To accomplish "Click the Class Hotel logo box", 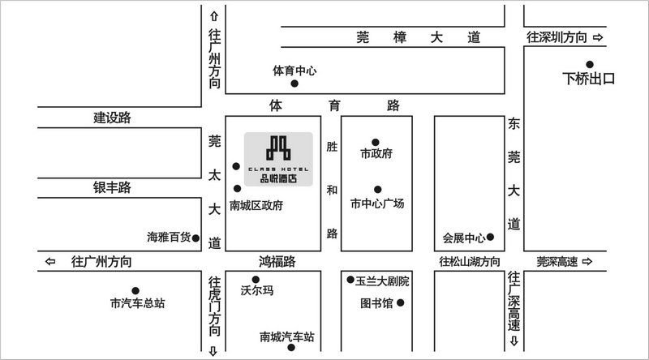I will coord(278,159).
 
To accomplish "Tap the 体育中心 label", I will coord(294,71).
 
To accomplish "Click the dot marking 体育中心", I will coord(294,84).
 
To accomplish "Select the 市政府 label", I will coord(376,153).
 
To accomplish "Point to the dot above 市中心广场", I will coord(376,190).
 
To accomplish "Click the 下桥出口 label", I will coord(590,79).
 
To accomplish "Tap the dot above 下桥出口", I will coord(590,64).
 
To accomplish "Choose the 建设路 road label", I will coord(112,118).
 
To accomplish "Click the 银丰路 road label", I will coord(112,188).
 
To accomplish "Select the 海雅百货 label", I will coord(169,238).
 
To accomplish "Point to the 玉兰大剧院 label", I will coord(382,281).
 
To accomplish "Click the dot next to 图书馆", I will coord(400,303).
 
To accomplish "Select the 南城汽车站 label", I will coord(287,336).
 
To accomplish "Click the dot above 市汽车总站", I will coord(135,290).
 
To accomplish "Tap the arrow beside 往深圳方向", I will coord(598,37).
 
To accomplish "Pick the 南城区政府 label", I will coord(256,206).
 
